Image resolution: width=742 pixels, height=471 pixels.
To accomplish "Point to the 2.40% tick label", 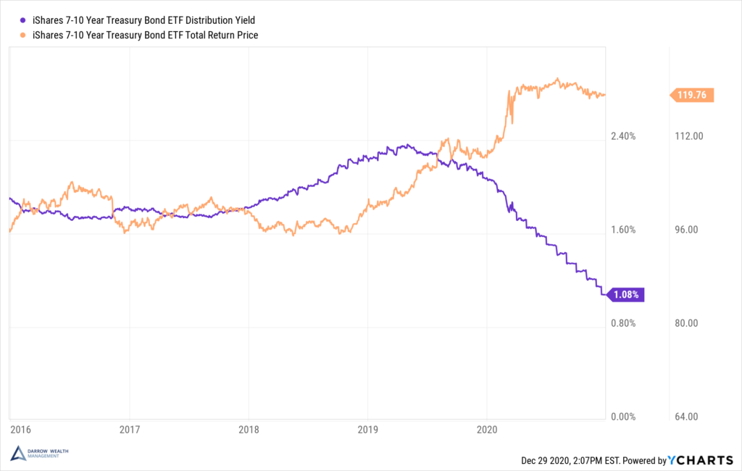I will pyautogui.click(x=623, y=137).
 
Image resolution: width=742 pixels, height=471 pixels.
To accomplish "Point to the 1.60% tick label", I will pyautogui.click(x=623, y=230).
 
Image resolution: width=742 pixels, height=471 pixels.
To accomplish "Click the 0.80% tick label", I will pyautogui.click(x=623, y=324).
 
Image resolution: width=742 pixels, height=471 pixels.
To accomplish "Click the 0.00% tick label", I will pyautogui.click(x=623, y=417).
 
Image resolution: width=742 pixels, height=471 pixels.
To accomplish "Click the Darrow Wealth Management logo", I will pyautogui.click(x=41, y=454).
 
